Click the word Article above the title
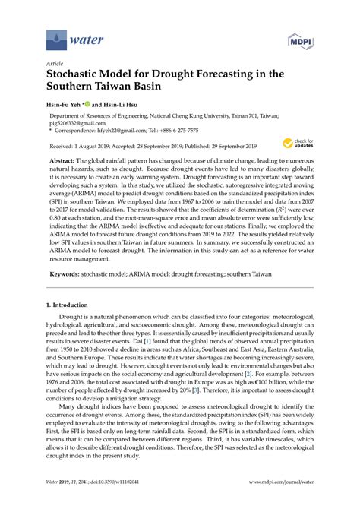point(55,65)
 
